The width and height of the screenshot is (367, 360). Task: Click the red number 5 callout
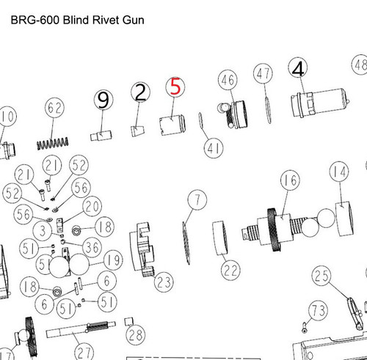[x=175, y=88]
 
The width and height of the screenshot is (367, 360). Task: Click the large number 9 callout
[x=103, y=100]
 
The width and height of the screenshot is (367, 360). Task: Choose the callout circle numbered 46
[x=227, y=79]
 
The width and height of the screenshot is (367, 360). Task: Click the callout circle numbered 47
[x=264, y=73]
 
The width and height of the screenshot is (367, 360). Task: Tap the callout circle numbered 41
[x=214, y=150]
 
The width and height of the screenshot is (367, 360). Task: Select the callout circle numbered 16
[x=290, y=180]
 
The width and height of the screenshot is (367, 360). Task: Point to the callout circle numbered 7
[x=195, y=198]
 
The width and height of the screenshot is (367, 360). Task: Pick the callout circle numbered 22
[x=230, y=270]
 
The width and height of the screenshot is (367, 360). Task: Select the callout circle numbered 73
[x=316, y=311]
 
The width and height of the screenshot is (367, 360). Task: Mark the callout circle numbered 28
[x=134, y=336]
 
